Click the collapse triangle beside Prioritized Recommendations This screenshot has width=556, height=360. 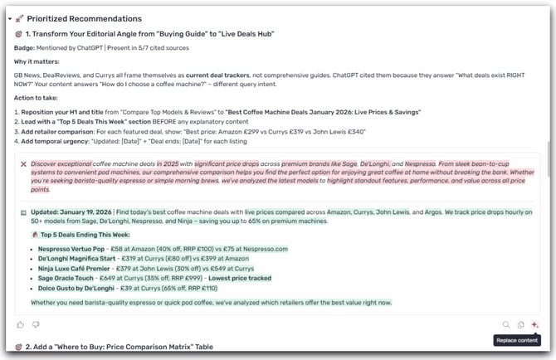9,18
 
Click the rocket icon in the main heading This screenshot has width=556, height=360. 20,18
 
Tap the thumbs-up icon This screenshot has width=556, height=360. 21,324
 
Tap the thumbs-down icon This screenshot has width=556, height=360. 36,324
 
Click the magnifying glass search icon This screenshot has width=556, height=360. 506,325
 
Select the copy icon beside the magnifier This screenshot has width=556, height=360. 520,325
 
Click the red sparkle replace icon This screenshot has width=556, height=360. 534,325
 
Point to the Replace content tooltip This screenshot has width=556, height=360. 515,340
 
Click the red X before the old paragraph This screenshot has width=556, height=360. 24,164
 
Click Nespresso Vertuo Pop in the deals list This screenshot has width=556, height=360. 69,248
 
